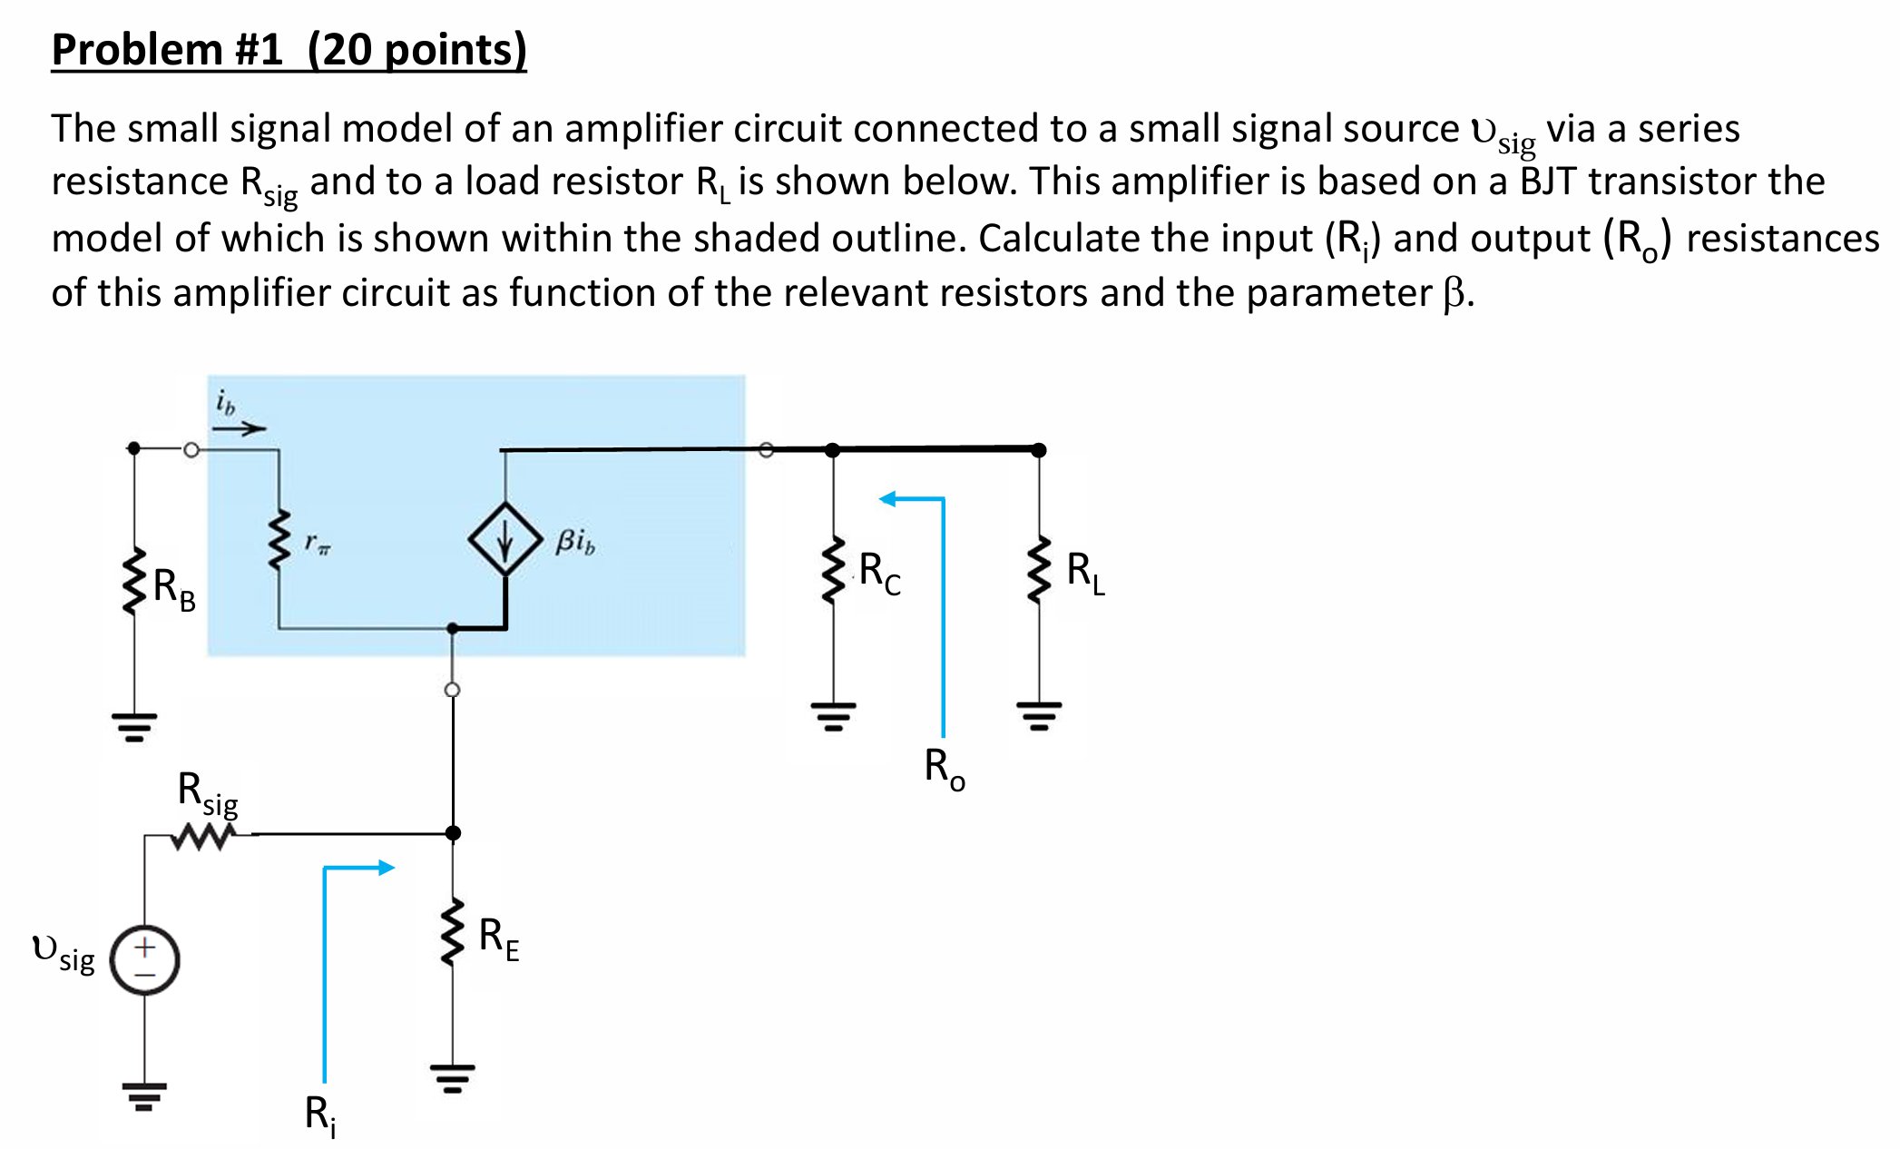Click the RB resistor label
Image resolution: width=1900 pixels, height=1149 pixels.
173,590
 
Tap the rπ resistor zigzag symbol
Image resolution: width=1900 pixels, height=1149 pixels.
279,541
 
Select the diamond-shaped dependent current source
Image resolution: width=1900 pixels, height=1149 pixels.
505,539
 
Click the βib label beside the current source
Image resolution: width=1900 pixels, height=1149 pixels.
575,542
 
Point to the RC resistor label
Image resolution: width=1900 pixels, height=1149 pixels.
879,574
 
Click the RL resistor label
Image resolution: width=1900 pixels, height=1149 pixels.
1085,573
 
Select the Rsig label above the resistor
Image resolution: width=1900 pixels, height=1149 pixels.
207,792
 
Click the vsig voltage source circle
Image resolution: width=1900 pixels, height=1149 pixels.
144,960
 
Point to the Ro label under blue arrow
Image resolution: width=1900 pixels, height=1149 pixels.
945,768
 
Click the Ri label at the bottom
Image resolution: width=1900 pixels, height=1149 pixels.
319,1114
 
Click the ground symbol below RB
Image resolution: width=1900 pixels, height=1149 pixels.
134,727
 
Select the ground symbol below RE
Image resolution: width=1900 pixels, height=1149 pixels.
453,1078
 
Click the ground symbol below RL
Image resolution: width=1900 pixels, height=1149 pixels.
1040,716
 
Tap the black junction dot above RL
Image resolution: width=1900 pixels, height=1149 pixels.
1040,450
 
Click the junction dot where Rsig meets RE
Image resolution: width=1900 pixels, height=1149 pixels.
453,833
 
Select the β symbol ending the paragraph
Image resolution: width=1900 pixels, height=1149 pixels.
1454,293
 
